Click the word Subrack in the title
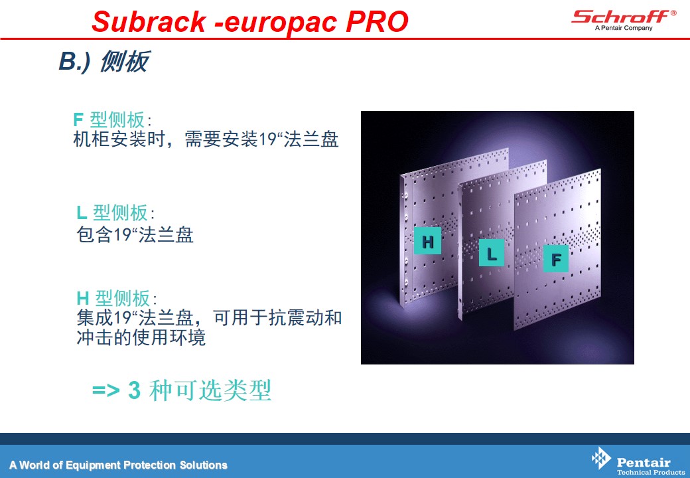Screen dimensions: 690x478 (x=149, y=21)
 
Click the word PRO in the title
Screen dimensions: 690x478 (x=377, y=21)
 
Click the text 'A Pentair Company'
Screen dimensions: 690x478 (x=624, y=28)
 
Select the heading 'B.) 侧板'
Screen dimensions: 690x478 (x=104, y=61)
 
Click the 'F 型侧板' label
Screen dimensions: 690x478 (x=111, y=119)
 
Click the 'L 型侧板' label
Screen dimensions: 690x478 (x=115, y=213)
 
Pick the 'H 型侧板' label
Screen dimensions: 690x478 (x=117, y=299)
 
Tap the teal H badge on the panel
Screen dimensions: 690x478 (x=427, y=241)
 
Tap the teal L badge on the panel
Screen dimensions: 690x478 (x=492, y=253)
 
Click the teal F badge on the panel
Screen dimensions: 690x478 (x=555, y=259)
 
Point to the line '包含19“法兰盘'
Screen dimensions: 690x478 (x=135, y=234)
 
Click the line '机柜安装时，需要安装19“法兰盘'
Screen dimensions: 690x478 (x=206, y=139)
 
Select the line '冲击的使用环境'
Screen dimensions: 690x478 (x=141, y=338)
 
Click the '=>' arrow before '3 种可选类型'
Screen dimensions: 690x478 (x=106, y=390)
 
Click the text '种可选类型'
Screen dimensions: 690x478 (x=210, y=390)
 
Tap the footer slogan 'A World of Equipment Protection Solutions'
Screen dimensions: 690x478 (x=118, y=465)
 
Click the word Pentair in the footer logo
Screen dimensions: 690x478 (x=644, y=462)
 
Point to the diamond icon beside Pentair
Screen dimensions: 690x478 (x=601, y=458)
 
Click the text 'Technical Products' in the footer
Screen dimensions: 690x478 (x=650, y=472)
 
